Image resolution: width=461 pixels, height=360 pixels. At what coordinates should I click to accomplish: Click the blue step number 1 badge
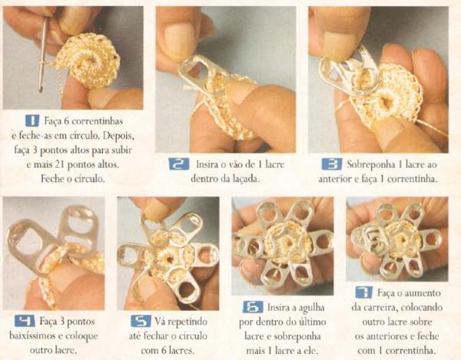pos(32,121)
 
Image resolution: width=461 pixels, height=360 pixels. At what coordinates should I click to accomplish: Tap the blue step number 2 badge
pos(179,163)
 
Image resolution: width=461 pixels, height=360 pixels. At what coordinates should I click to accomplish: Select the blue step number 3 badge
pos(332,164)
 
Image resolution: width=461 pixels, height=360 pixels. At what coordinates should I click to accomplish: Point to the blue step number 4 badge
pos(25,321)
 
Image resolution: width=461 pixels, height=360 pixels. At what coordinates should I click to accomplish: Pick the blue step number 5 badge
pos(141,321)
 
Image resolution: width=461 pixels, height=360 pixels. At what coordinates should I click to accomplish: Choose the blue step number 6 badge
pos(253,307)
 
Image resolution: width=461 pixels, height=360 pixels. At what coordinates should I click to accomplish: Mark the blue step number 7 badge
pos(363,292)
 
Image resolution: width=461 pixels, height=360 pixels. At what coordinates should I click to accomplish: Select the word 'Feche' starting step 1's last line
pos(51,179)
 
